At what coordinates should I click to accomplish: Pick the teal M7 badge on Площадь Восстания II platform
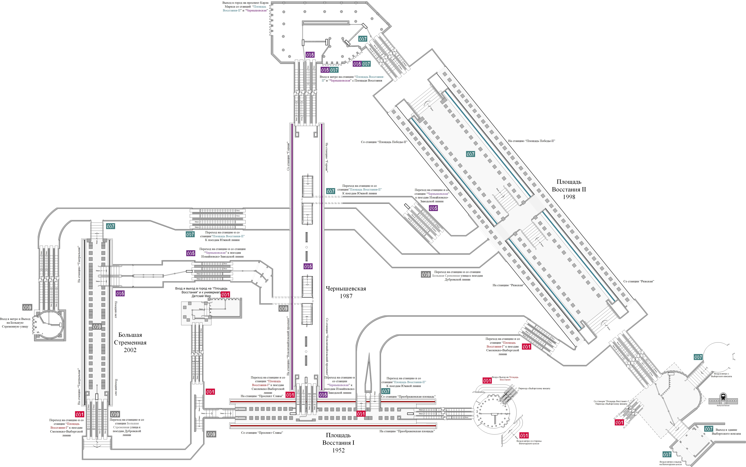[x=470, y=154]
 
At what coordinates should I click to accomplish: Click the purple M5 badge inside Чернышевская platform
[x=308, y=266]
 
